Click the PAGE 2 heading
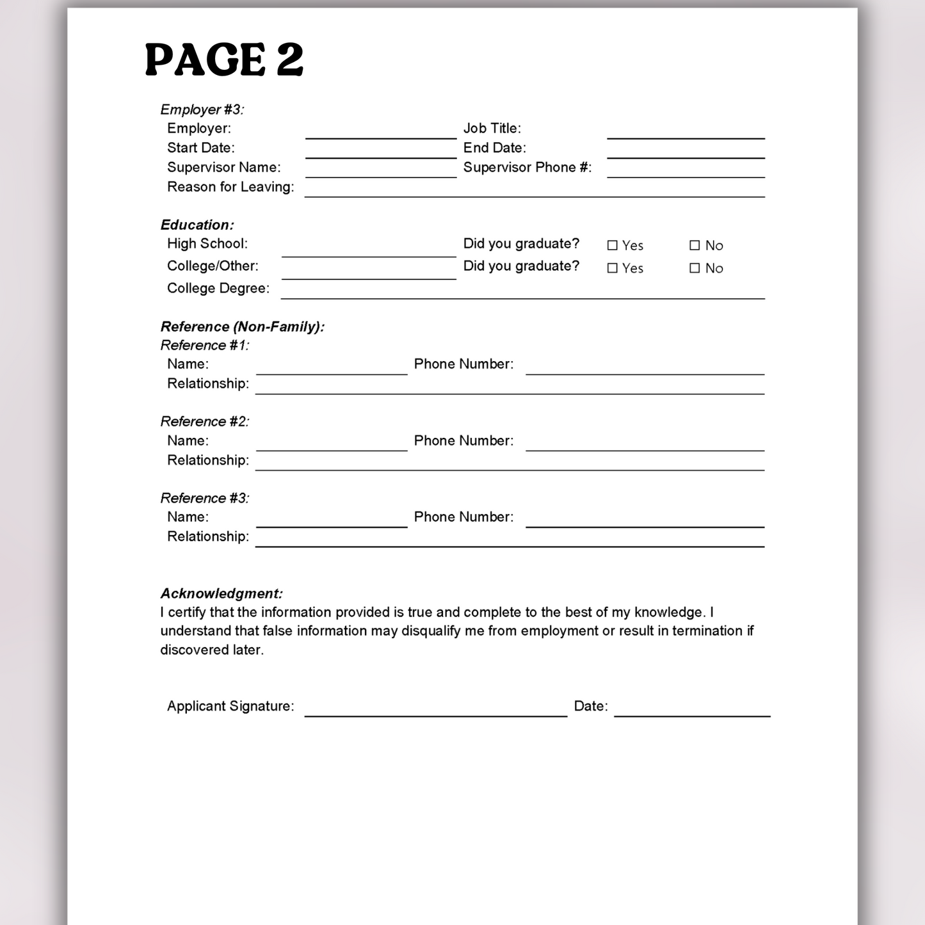(x=224, y=60)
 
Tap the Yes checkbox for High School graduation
(x=613, y=245)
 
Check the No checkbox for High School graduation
(x=695, y=245)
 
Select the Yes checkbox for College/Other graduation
(x=613, y=268)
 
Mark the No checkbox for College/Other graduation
(x=695, y=268)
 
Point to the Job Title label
(x=492, y=129)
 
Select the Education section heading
(x=197, y=225)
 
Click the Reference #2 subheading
(x=204, y=421)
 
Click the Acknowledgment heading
(x=221, y=593)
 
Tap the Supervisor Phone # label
(x=527, y=168)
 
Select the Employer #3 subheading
(x=202, y=109)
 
